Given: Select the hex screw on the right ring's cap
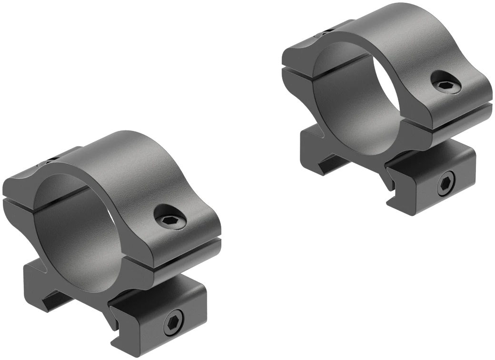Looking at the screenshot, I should tap(446, 85).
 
